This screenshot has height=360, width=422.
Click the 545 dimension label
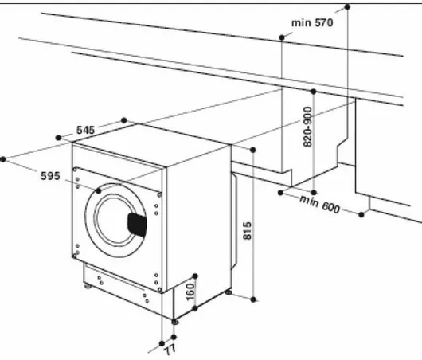[x=85, y=130]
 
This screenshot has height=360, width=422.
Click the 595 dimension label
[x=50, y=176]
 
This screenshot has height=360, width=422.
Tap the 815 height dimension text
[x=248, y=230]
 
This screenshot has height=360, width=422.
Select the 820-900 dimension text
[x=308, y=127]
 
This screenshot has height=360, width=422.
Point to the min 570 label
[x=312, y=22]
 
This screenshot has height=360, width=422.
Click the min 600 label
[x=320, y=205]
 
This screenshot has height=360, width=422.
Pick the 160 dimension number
[x=190, y=292]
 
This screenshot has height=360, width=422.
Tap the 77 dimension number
[x=170, y=350]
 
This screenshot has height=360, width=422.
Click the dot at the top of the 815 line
[x=252, y=150]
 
